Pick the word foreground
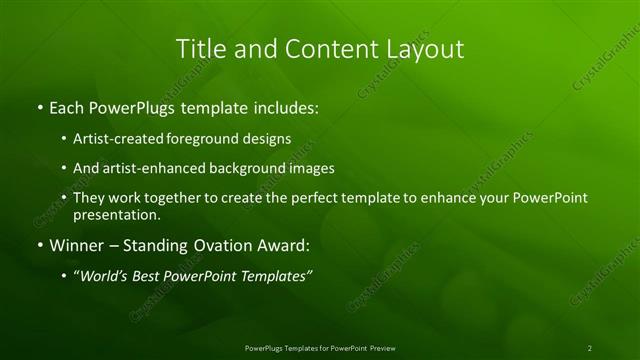(205, 139)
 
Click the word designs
(267, 139)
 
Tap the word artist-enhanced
(150, 168)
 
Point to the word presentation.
(117, 214)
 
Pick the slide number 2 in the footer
(590, 347)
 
